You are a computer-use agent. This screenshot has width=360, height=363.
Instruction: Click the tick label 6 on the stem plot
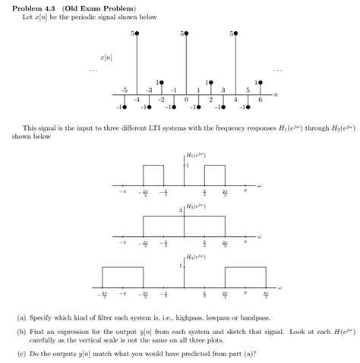tap(260, 99)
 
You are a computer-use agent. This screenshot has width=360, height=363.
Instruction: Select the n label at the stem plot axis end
tap(276, 94)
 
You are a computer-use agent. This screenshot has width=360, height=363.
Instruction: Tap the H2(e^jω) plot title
tap(196, 207)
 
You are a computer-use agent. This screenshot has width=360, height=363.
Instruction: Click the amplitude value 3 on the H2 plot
tap(180, 210)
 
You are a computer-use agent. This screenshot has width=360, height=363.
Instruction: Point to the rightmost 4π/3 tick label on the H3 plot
tap(267, 295)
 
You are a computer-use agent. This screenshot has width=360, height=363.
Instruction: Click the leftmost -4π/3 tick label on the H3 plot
tap(103, 295)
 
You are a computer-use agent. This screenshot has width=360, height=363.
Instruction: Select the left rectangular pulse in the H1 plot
tap(153, 175)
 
